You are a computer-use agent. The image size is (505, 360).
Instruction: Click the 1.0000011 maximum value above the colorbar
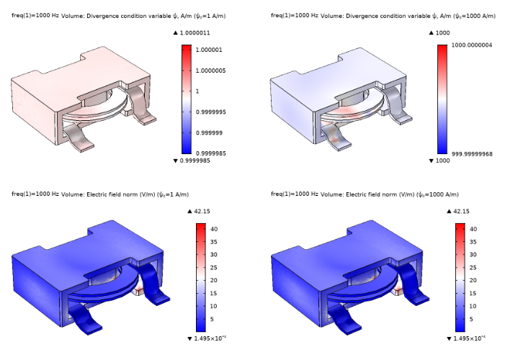pyautogui.click(x=195, y=33)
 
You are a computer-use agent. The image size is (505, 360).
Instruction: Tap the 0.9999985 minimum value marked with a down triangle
pyautogui.click(x=195, y=161)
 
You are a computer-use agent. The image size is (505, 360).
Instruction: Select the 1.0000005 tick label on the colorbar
pyautogui.click(x=211, y=71)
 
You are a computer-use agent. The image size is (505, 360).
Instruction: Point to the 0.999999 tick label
pyautogui.click(x=210, y=133)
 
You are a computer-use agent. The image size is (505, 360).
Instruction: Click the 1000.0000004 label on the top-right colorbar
pyautogui.click(x=472, y=45)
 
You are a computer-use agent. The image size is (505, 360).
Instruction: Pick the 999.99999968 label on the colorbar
pyautogui.click(x=472, y=154)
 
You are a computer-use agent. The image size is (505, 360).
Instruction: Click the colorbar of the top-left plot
pyautogui.click(x=187, y=99)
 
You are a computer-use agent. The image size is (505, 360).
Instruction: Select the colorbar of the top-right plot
pyautogui.click(x=442, y=99)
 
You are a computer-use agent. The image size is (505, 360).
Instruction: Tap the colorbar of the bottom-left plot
pyautogui.click(x=201, y=278)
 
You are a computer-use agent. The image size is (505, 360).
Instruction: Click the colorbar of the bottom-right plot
pyautogui.click(x=460, y=278)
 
